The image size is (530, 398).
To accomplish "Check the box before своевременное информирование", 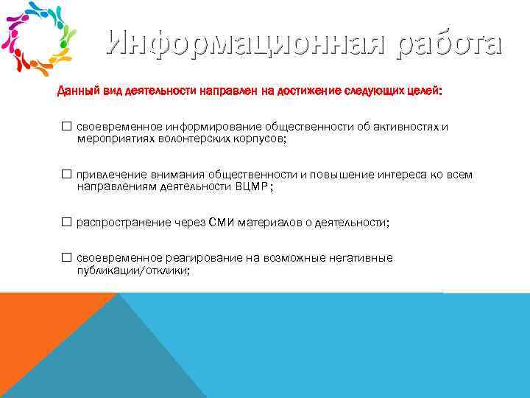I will click(x=66, y=127).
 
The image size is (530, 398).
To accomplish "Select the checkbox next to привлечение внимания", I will click(x=66, y=175).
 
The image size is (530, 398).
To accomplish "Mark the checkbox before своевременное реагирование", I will click(x=66, y=258).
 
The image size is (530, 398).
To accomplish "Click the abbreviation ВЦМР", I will click(x=252, y=187).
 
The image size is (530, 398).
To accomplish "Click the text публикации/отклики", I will click(x=133, y=270).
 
